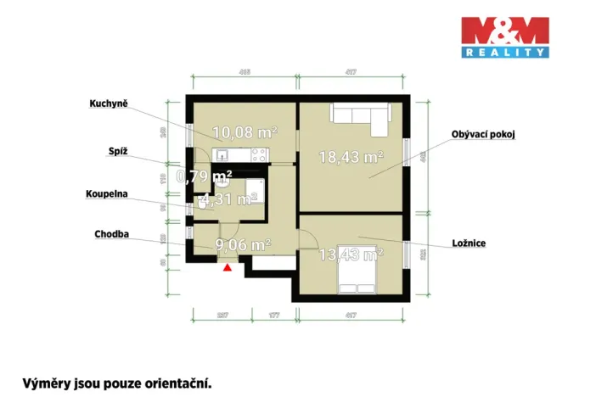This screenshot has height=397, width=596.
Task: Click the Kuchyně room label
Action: pyautogui.click(x=109, y=104)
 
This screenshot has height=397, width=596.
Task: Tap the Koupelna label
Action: pyautogui.click(x=106, y=194)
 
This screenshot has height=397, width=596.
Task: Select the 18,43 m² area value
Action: pyautogui.click(x=351, y=156)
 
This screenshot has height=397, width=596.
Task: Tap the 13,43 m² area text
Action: pyautogui.click(x=351, y=254)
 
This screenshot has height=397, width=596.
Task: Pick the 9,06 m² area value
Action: pyautogui.click(x=243, y=245)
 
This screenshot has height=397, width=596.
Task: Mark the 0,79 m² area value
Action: pyautogui.click(x=204, y=176)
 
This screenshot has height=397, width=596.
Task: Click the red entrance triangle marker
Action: pyautogui.click(x=227, y=268)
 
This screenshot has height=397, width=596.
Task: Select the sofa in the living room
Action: pyautogui.click(x=360, y=118)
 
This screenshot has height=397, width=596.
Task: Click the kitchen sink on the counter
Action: pyautogui.click(x=222, y=154)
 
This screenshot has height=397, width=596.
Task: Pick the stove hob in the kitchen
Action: pyautogui.click(x=260, y=154)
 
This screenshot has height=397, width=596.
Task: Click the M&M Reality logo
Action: pyautogui.click(x=504, y=37)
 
